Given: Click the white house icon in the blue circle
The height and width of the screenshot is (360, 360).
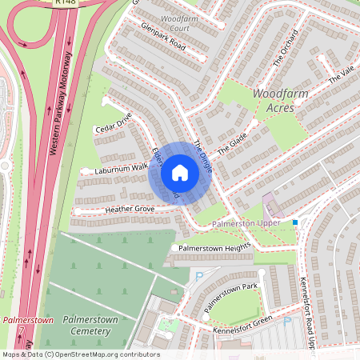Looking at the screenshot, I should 180,173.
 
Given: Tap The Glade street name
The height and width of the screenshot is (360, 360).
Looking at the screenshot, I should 231,143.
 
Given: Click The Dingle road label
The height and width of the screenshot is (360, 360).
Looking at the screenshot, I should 202,154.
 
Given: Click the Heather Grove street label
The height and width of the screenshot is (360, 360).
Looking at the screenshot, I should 129,209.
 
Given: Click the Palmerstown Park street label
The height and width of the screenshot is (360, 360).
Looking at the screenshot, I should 230,297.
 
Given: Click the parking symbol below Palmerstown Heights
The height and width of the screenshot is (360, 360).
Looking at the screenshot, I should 199,276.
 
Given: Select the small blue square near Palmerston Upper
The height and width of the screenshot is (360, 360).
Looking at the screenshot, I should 295,222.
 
